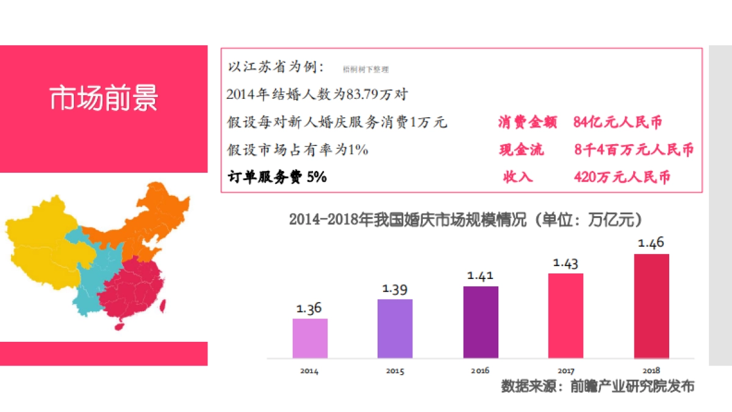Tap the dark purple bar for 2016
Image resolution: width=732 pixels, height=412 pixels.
point(481,322)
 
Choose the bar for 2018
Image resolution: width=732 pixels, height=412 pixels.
point(651,305)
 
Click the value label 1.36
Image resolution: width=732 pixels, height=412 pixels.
point(309,308)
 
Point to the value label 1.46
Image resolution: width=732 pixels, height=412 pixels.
point(651,243)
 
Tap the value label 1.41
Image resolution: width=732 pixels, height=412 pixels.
point(480,276)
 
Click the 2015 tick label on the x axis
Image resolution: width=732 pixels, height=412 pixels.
point(395,370)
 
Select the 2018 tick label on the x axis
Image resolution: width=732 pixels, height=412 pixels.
point(651,370)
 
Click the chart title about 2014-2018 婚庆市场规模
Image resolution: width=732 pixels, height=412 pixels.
point(466,220)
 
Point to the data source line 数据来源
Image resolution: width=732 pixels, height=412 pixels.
point(597,386)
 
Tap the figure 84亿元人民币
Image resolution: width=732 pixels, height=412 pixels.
point(617,122)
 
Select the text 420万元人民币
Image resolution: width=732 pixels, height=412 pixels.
point(622,177)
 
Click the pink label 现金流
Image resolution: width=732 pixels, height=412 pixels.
point(521,150)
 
